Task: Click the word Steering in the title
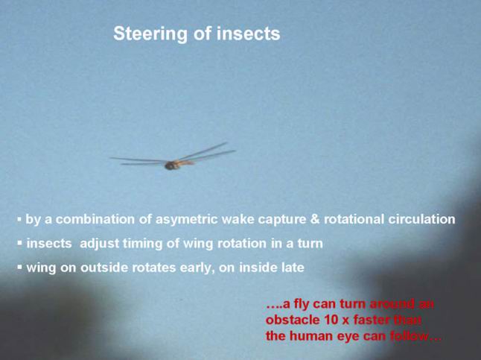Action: click(150, 34)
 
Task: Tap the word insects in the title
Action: click(249, 34)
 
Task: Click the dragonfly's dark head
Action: click(170, 166)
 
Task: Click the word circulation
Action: click(421, 219)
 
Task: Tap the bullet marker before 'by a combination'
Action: click(19, 219)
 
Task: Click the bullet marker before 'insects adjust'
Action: click(19, 243)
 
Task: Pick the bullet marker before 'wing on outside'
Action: click(19, 268)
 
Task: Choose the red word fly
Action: click(302, 305)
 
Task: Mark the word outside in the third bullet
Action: click(104, 268)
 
